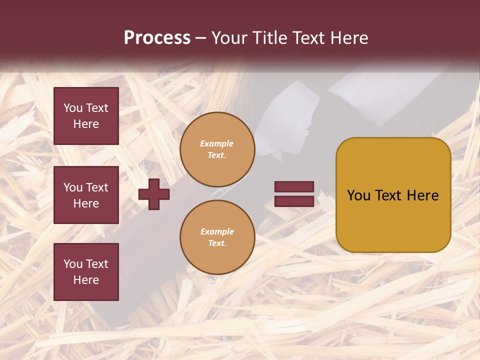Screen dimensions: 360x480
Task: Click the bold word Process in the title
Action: coord(157,38)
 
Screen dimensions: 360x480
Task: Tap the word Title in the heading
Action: coord(268,38)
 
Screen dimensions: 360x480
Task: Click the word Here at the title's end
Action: coord(347,38)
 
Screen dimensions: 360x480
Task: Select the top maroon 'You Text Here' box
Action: coord(86,116)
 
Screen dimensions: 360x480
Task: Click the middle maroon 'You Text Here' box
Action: coord(86,195)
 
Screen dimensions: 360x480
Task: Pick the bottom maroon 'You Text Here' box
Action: coord(86,272)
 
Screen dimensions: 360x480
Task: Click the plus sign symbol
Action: coord(154,194)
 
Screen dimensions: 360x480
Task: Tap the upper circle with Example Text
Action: coord(217,149)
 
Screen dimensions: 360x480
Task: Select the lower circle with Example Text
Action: coord(217,237)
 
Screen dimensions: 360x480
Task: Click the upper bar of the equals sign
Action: coord(294,187)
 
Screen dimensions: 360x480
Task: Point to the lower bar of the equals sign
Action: coord(294,201)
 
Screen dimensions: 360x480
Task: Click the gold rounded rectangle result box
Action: coord(393,220)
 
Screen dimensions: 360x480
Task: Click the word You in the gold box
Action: coord(358,195)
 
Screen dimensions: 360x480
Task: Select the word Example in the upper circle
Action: coord(217,143)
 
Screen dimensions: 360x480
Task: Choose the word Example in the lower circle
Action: coord(217,231)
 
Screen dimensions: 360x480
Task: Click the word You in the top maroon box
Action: coord(73,108)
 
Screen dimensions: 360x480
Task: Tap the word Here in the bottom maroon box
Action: coord(86,280)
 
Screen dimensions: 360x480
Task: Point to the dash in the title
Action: coord(200,38)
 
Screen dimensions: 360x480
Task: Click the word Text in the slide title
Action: coord(308,38)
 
